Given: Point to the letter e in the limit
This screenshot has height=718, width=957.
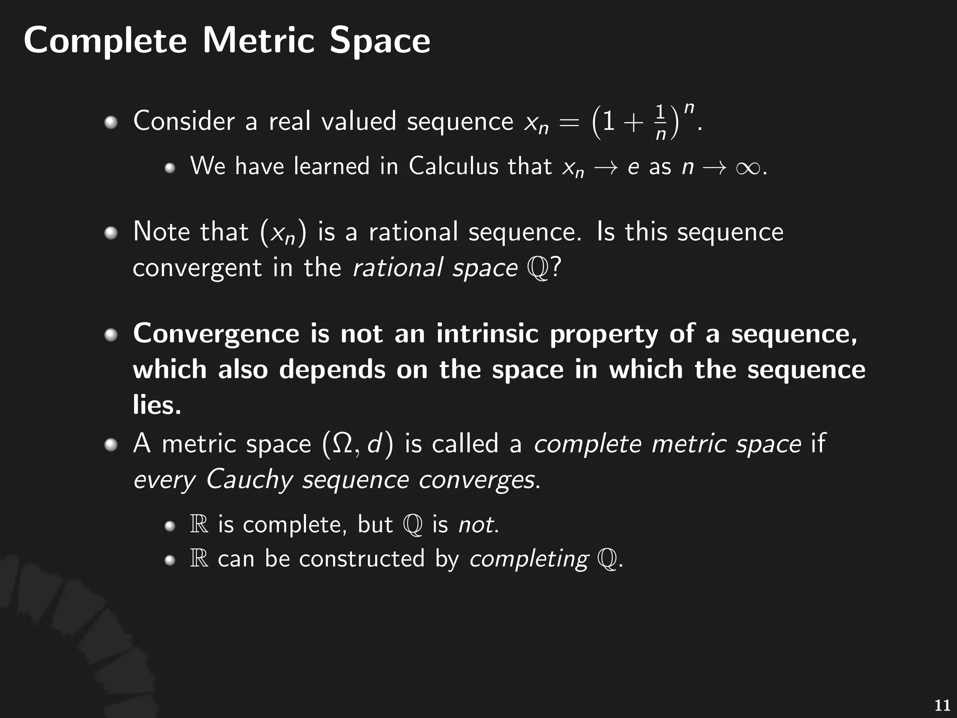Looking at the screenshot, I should click(633, 167).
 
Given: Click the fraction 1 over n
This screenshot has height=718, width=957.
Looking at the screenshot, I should click(660, 122).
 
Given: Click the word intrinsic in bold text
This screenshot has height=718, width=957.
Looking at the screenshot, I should click(487, 334).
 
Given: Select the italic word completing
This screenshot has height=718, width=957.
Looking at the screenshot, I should click(528, 559).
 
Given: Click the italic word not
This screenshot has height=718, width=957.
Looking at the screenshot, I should click(476, 524).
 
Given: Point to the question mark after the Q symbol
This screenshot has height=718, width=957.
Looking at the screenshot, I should click(556, 268).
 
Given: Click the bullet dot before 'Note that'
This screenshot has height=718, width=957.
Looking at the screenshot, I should click(111, 233).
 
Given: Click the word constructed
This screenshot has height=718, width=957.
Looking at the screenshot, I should click(362, 559).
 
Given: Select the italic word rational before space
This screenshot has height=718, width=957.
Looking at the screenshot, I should click(398, 268).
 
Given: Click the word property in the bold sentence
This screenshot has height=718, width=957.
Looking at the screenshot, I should click(603, 335).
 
